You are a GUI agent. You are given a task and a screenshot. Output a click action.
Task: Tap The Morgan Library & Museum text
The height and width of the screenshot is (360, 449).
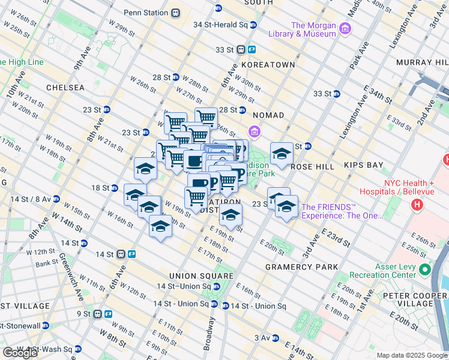point(313,29)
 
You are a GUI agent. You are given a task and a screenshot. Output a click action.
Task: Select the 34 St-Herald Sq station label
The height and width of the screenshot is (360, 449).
point(220,25)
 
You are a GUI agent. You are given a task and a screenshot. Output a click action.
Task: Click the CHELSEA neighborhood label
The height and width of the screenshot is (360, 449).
point(65,88)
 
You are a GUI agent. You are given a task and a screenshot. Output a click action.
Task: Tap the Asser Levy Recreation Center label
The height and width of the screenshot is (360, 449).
point(384,270)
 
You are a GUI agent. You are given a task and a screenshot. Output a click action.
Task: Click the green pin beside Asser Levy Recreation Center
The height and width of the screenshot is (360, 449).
point(426,269)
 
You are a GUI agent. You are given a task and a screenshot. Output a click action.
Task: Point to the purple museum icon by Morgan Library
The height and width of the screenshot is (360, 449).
point(345,29)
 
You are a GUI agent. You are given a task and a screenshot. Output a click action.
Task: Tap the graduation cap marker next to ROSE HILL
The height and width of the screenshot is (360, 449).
point(281,154)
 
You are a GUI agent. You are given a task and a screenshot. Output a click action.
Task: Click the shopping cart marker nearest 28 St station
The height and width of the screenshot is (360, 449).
point(206,118)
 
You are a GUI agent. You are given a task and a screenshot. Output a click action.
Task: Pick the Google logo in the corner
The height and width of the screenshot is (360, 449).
point(20,353)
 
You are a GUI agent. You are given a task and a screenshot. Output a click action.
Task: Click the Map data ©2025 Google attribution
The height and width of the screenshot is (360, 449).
point(411,355)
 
